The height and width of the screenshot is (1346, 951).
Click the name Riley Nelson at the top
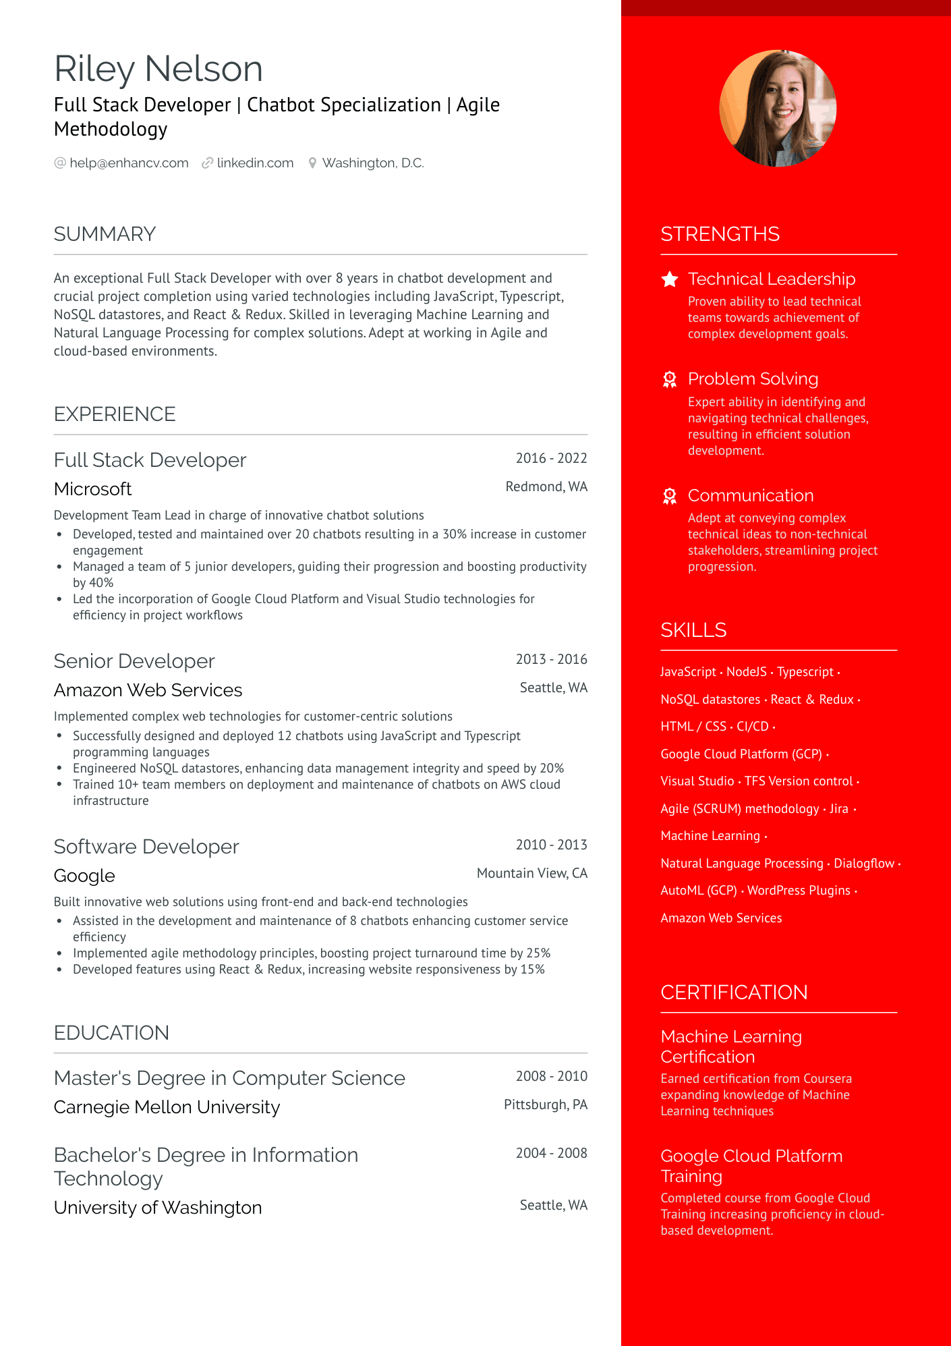click(x=158, y=69)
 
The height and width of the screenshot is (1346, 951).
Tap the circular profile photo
click(x=778, y=109)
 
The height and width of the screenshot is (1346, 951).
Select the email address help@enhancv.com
click(x=129, y=163)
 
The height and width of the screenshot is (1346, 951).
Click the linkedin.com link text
click(x=255, y=163)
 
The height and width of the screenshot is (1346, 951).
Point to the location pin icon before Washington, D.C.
click(x=312, y=163)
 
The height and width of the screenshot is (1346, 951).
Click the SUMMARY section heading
click(x=105, y=234)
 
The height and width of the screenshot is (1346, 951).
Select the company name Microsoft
click(x=93, y=489)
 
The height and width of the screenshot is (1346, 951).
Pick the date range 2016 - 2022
click(x=551, y=459)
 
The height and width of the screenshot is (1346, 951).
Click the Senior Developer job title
click(x=134, y=661)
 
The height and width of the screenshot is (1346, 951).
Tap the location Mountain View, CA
click(x=531, y=874)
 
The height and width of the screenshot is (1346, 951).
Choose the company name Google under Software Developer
click(x=84, y=876)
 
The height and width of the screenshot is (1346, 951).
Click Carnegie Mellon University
click(x=167, y=1107)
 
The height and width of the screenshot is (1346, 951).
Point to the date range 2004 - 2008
click(x=551, y=1154)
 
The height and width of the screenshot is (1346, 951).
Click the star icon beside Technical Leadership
click(x=670, y=279)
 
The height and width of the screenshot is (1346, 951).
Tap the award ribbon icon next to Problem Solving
click(x=670, y=380)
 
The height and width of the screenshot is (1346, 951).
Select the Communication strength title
click(x=751, y=496)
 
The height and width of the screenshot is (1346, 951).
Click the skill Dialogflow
click(x=864, y=864)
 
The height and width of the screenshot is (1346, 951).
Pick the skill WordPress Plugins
click(x=799, y=891)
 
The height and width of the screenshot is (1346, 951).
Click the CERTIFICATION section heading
click(x=734, y=992)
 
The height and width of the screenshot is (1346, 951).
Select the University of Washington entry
click(x=158, y=1208)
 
